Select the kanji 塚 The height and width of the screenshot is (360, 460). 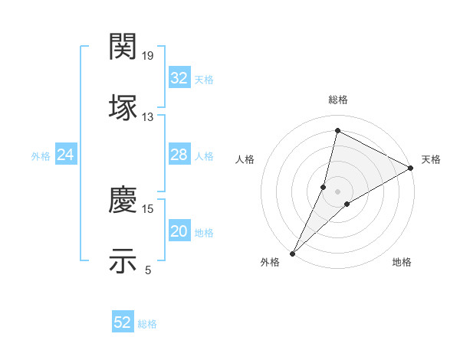coord(123,108)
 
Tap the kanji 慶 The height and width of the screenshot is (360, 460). coord(123,200)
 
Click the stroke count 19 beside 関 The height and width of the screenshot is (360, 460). coord(149,56)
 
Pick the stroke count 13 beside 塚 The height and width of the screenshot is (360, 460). coord(148,117)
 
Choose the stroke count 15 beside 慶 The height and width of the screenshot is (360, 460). coord(148,208)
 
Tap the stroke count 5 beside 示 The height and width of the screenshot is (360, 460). coord(148,270)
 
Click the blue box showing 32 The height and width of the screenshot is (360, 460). coord(179,77)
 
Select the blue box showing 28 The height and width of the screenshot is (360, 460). coord(179,155)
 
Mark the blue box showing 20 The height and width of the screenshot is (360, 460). coord(179,231)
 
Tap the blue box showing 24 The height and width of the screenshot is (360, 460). coord(66,155)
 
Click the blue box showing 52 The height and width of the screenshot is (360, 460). coord(123,322)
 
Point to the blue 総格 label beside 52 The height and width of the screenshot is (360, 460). coord(147,324)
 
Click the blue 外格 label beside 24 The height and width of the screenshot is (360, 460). coord(41,155)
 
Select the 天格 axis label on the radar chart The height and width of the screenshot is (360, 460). coord(431,159)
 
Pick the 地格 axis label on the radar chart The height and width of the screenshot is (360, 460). coord(402,262)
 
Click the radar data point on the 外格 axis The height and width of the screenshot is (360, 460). coord(292,254)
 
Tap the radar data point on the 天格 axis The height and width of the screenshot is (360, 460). coord(411,168)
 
